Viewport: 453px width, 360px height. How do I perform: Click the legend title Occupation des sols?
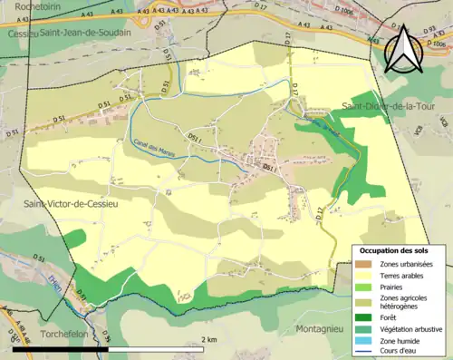[x=396, y=250]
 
